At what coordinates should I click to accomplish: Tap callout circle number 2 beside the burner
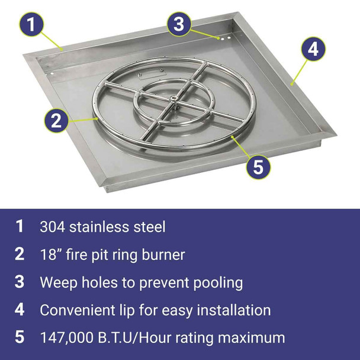(56, 121)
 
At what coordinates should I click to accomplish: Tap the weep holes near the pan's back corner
(224, 38)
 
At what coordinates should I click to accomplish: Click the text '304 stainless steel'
(103, 226)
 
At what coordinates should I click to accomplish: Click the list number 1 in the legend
(20, 226)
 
